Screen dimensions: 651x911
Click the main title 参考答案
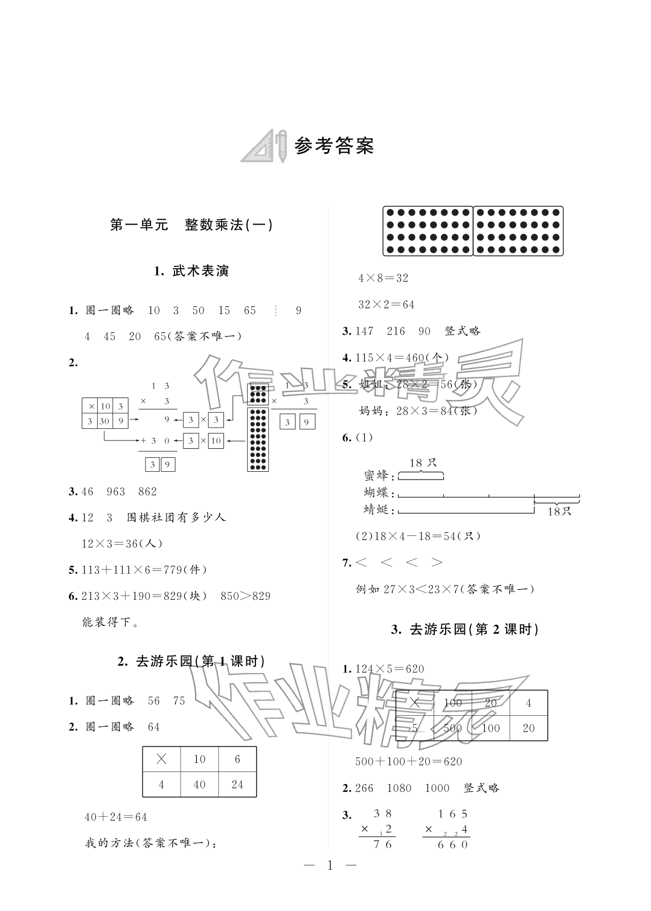335,146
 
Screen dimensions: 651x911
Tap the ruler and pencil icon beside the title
264,146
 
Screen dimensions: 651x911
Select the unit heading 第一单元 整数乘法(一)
191,225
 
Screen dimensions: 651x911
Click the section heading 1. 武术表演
191,271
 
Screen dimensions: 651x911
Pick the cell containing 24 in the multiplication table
237,785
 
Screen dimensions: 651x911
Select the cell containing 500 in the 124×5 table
452,728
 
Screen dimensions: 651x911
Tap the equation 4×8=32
383,278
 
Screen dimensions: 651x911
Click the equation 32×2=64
386,304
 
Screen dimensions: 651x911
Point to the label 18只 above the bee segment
423,463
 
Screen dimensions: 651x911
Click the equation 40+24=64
116,817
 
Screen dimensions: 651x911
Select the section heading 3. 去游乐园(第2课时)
465,629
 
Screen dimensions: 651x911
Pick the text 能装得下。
110,622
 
